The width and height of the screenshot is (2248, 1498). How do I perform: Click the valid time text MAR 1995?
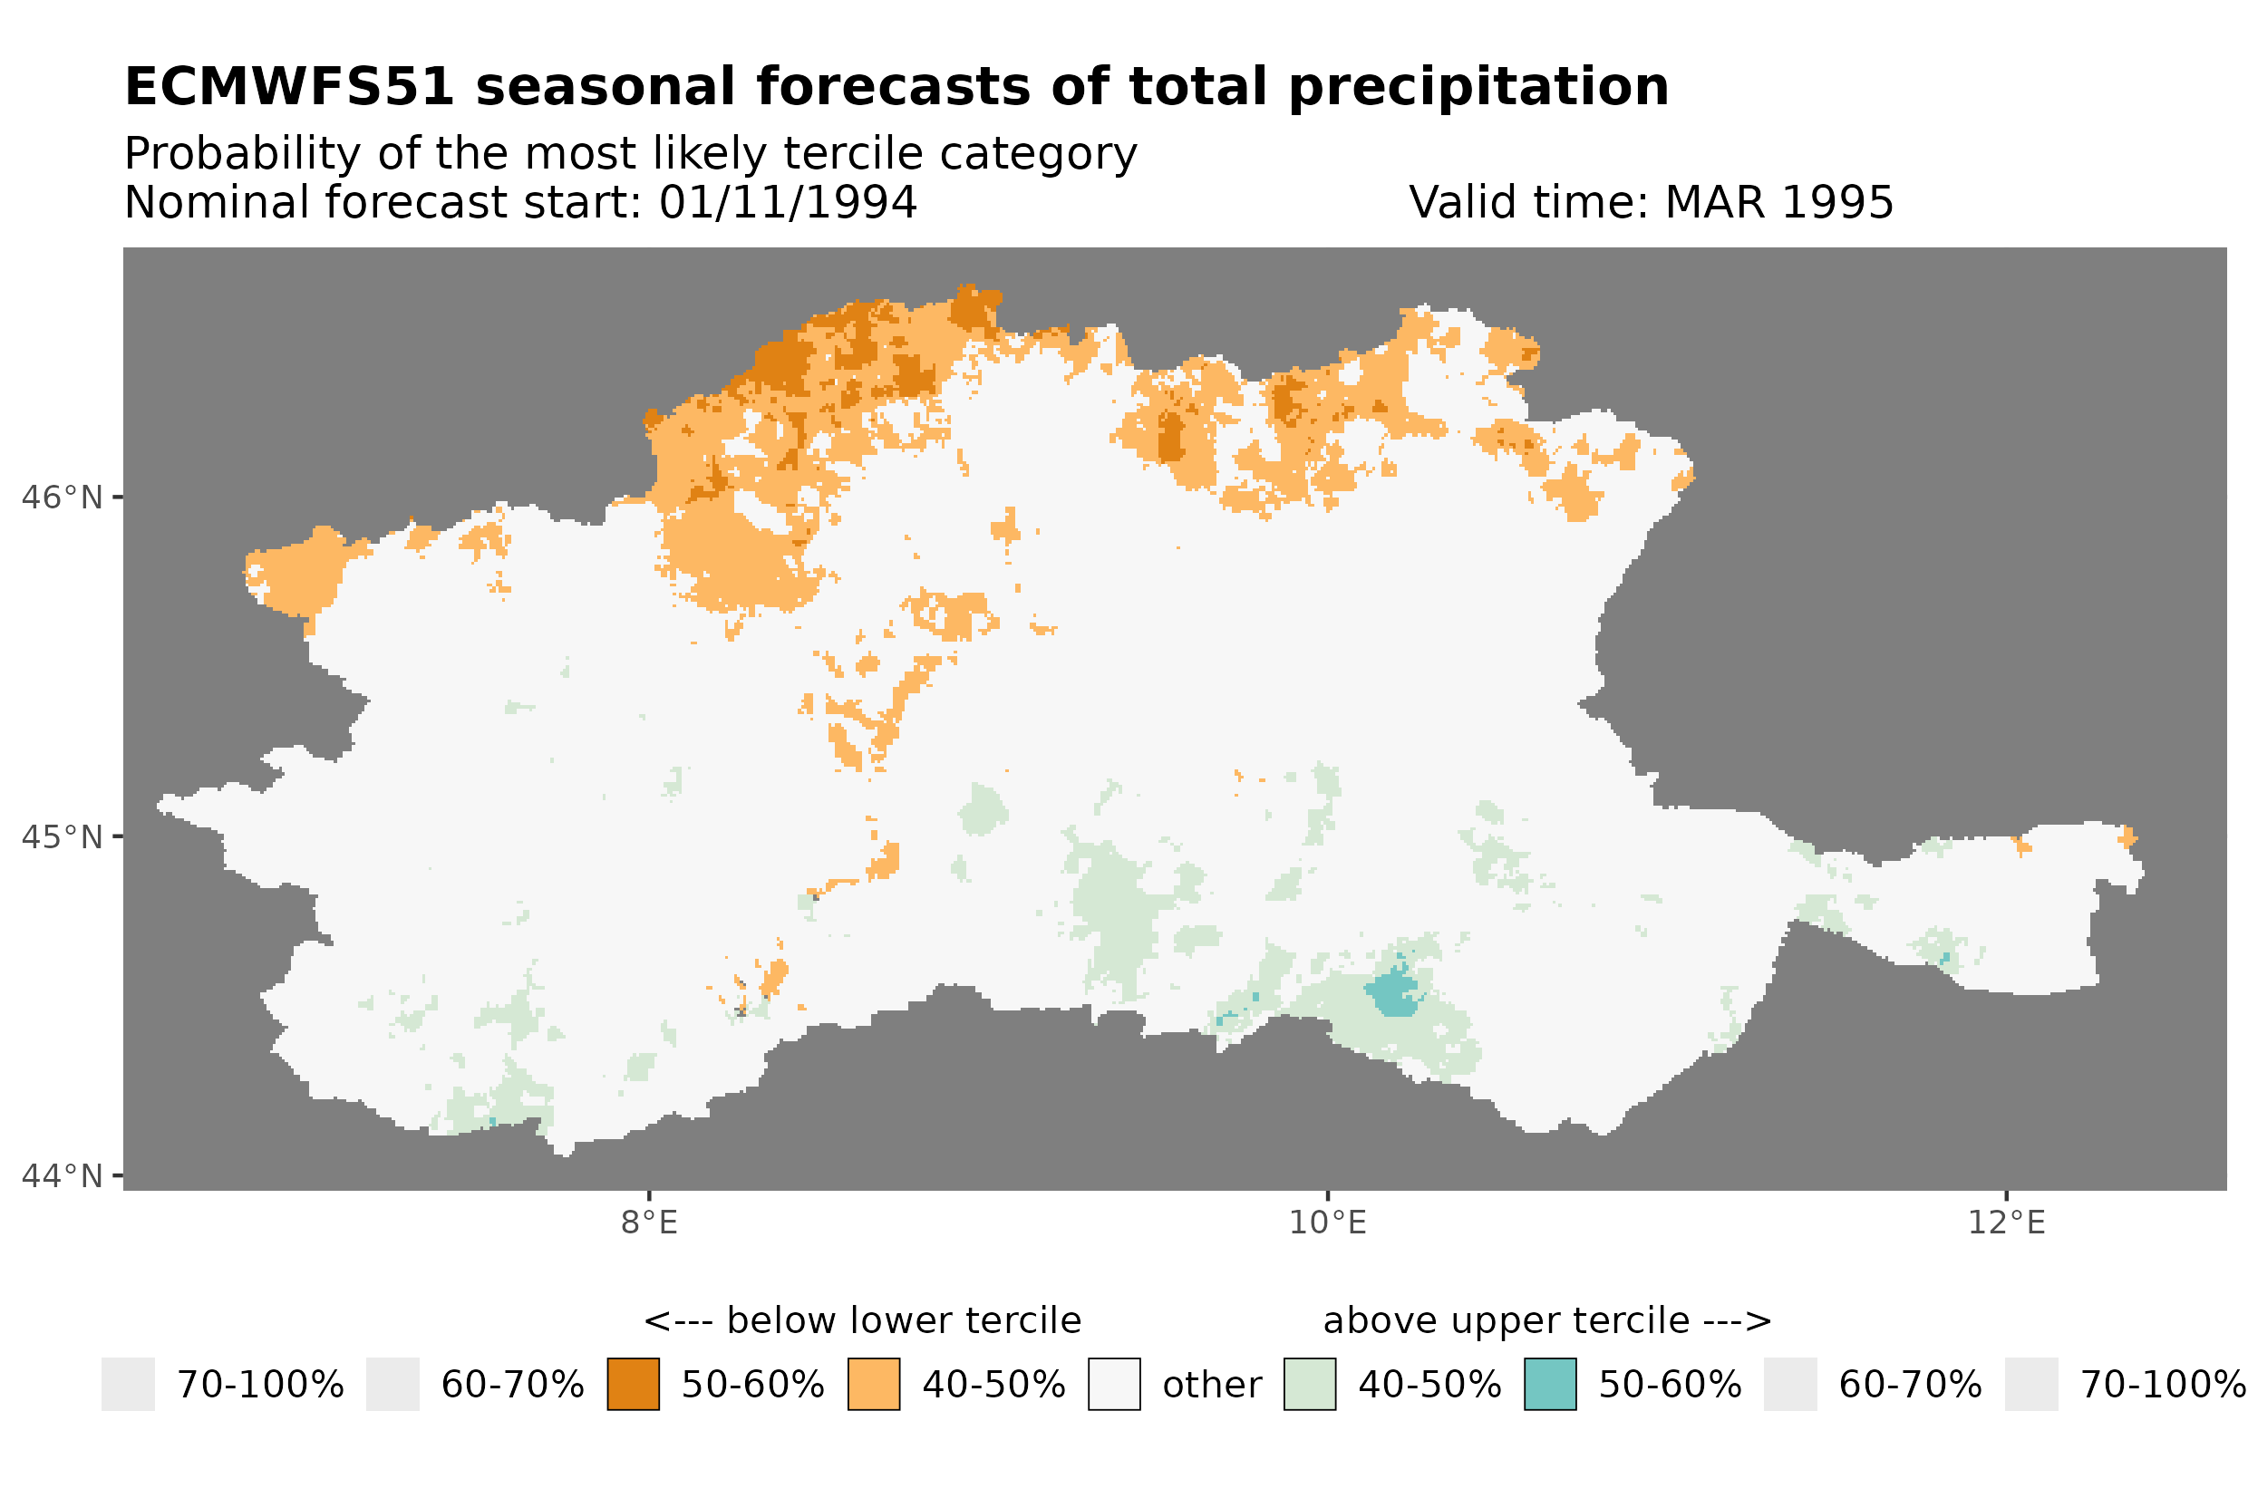[x=1778, y=202]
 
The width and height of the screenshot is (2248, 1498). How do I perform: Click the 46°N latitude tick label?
[x=63, y=498]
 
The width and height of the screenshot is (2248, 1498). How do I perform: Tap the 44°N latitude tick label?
[x=63, y=1176]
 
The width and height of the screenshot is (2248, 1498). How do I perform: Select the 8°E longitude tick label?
[x=649, y=1223]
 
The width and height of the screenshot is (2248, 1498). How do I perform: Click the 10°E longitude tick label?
[x=1327, y=1223]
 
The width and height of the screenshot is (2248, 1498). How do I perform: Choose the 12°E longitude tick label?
[x=2005, y=1223]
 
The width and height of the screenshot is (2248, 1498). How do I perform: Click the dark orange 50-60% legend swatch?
[x=633, y=1385]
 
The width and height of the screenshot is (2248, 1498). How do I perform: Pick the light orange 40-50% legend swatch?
[x=873, y=1385]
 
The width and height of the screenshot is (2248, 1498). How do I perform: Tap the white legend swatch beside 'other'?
[x=1114, y=1385]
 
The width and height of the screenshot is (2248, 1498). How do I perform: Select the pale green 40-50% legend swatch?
[x=1309, y=1385]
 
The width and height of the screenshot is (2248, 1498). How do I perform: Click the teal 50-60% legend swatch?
[x=1550, y=1385]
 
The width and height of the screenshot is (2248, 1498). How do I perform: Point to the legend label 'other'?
[x=1211, y=1386]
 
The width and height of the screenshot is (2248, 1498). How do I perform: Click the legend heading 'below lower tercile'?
[x=902, y=1321]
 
